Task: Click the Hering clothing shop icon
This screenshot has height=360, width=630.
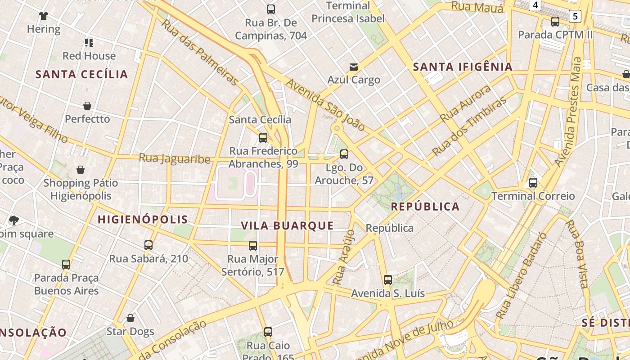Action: (x=43, y=16)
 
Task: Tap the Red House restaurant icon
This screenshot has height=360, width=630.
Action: (x=89, y=43)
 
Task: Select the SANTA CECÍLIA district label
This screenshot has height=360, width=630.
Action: (x=81, y=74)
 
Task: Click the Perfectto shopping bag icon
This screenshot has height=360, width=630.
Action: (x=87, y=106)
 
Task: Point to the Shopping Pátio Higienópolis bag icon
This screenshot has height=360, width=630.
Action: (x=81, y=170)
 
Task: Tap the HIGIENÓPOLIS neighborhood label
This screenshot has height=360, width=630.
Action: (x=143, y=220)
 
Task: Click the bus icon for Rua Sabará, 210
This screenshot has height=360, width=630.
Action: (x=148, y=245)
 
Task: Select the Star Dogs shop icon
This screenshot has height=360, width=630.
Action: (x=130, y=319)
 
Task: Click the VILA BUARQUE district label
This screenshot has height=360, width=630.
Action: (x=287, y=226)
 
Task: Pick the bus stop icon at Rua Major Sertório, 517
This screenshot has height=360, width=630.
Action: (x=253, y=246)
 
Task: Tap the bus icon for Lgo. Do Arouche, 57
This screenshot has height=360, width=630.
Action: (x=344, y=154)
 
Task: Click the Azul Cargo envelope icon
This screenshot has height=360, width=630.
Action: (x=354, y=67)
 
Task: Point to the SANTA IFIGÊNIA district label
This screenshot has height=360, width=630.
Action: (x=463, y=67)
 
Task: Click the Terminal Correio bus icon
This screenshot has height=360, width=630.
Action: (x=533, y=183)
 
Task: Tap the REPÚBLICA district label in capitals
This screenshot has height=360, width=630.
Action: (x=425, y=207)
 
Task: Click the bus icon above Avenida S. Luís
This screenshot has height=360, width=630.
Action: (x=388, y=280)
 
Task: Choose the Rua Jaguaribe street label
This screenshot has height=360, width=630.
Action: (x=175, y=159)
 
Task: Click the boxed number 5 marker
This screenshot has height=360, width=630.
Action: (x=575, y=17)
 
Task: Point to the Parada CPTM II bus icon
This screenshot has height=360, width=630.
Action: (x=555, y=22)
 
